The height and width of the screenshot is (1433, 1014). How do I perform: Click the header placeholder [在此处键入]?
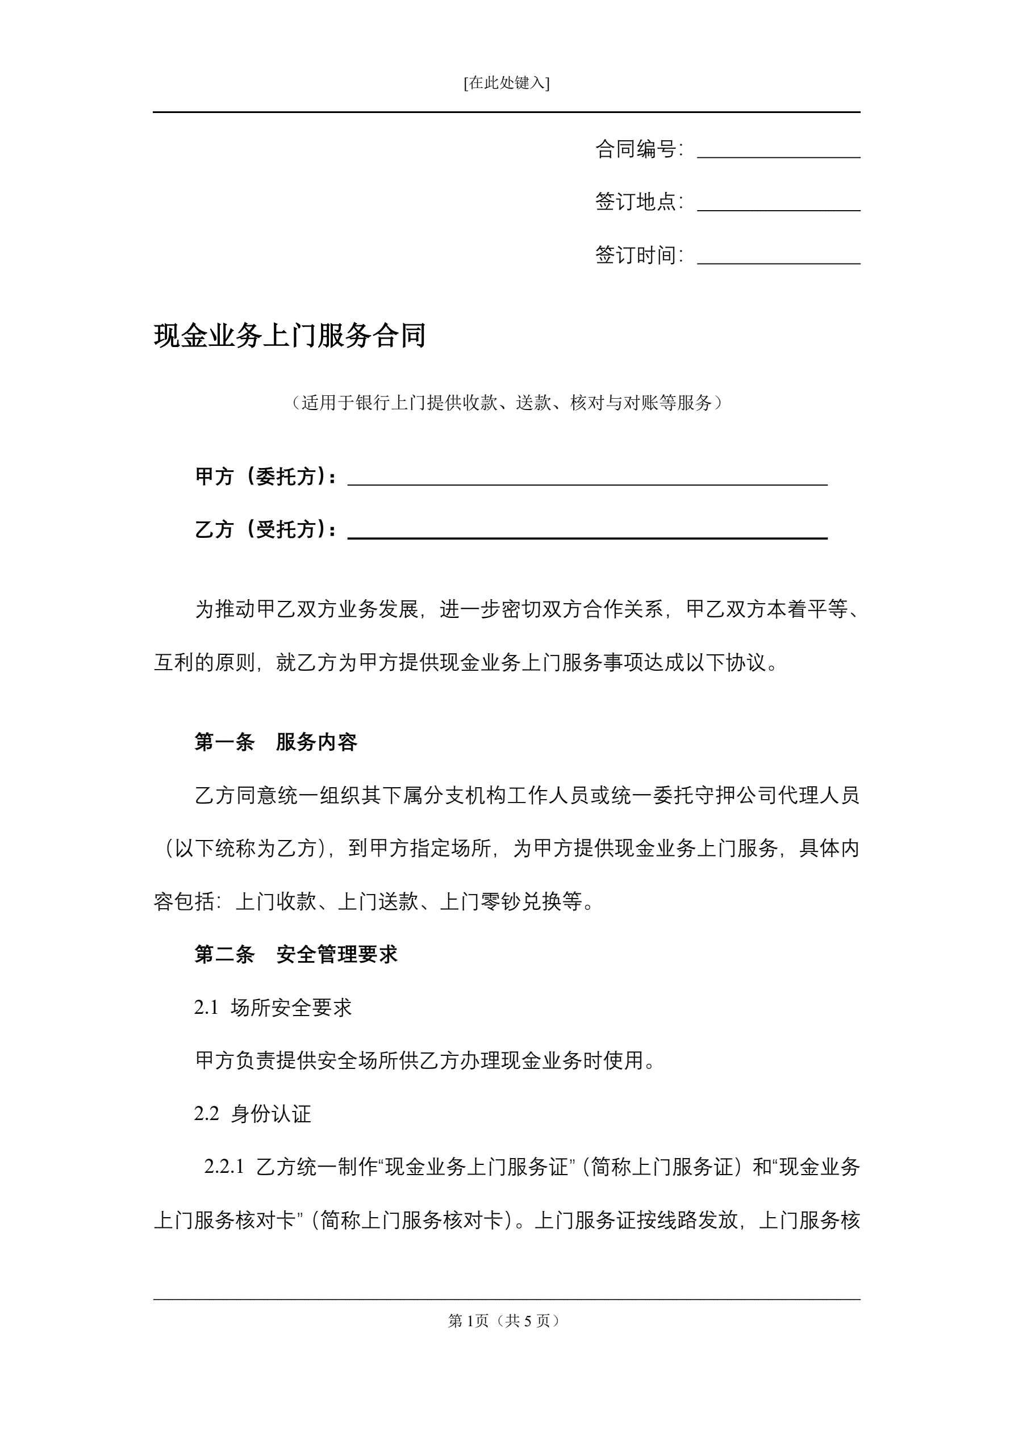(506, 83)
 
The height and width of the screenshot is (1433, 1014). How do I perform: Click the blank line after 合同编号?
(778, 155)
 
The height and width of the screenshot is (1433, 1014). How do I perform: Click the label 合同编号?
(636, 149)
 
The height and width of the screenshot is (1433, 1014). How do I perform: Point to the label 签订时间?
(636, 255)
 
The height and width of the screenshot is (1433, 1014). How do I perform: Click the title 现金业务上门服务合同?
(290, 336)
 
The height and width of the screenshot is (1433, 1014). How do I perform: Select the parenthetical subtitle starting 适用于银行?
(506, 403)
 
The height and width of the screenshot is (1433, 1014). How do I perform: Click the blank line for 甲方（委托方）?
(587, 482)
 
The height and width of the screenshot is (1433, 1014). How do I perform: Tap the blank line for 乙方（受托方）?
(587, 535)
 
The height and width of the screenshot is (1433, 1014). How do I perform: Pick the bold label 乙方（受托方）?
(265, 530)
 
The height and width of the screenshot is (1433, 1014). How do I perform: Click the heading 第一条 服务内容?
(276, 742)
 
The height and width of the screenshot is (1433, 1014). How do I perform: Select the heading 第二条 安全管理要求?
(295, 954)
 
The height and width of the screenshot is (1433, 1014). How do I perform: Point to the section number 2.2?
(206, 1114)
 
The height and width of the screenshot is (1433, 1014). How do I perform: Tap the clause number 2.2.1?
(223, 1167)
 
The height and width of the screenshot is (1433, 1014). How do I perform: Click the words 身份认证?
(271, 1114)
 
